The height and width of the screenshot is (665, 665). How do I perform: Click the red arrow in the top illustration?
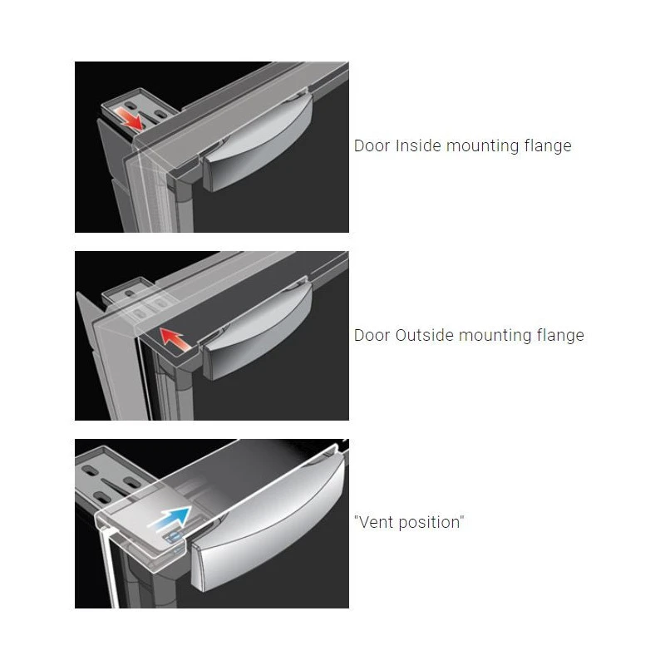coord(130,118)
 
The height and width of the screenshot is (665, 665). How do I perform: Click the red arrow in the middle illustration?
coord(176,338)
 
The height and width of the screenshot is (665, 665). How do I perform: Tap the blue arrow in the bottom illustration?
coord(170,517)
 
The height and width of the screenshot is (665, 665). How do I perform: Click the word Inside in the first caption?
coord(418,145)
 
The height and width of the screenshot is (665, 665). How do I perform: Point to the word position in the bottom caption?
coord(429,523)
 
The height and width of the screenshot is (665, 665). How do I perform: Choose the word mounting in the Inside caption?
coord(483,146)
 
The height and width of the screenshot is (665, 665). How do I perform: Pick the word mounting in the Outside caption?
coord(495,336)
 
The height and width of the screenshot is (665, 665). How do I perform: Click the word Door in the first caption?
coord(372,145)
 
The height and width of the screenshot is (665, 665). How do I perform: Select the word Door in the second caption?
coord(372,335)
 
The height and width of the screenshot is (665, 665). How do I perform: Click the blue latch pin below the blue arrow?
coord(174,538)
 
